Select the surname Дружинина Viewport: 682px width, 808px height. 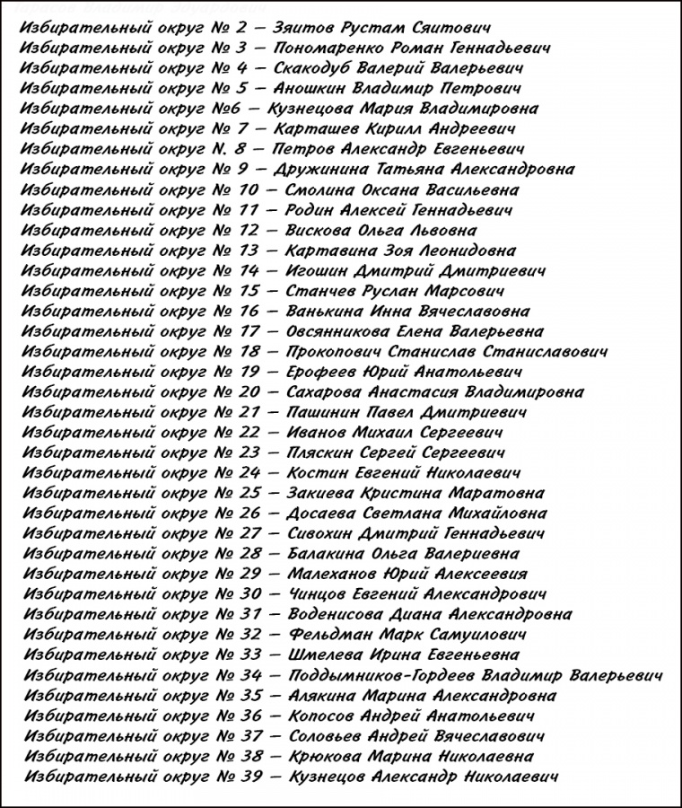[x=324, y=170]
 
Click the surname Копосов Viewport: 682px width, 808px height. [x=320, y=716]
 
